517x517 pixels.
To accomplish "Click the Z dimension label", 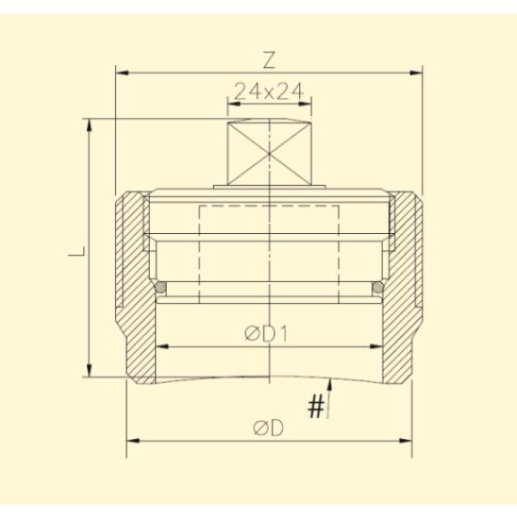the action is point(269,61).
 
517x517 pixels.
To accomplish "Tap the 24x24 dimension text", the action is point(268,92).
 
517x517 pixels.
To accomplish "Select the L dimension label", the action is point(77,251).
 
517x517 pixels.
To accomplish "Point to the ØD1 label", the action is point(267,334).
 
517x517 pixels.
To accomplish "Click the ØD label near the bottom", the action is point(268,428).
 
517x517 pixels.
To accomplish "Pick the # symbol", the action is point(317,406).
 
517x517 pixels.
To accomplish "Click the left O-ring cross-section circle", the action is point(161,288).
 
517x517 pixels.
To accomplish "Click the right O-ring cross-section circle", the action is point(377,288).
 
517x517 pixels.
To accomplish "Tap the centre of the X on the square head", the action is point(269,153).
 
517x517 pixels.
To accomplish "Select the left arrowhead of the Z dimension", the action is point(122,73).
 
